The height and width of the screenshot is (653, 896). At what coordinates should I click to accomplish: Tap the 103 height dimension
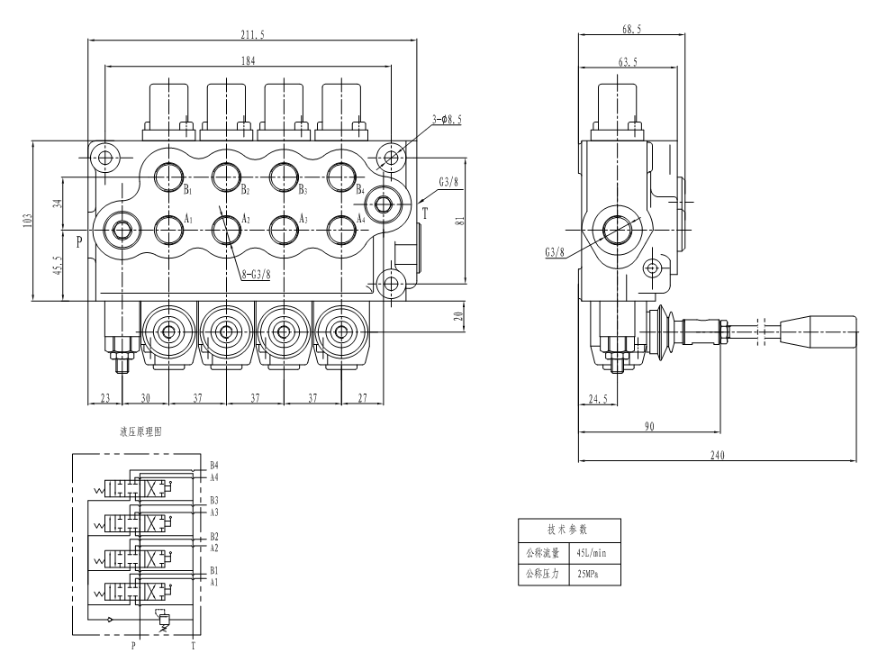tap(28, 221)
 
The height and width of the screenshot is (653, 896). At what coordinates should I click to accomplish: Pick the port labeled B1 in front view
tap(168, 174)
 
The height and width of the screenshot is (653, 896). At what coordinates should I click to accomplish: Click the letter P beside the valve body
tap(79, 242)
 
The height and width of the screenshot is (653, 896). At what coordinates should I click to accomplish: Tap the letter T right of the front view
tap(425, 213)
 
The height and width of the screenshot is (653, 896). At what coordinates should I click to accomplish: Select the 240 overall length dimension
tap(718, 456)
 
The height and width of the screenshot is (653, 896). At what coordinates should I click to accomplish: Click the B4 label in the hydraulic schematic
tap(213, 465)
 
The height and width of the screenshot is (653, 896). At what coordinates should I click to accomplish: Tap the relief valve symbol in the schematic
tap(164, 618)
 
